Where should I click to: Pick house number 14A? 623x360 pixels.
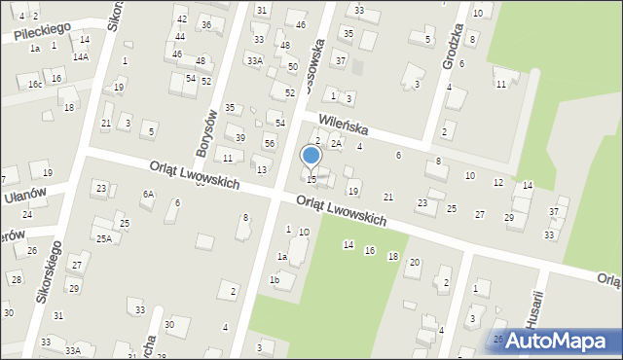coord(81,56)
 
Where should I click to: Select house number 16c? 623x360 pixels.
coord(35,85)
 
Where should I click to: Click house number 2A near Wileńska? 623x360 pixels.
coord(335,144)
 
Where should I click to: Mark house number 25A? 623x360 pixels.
coord(102,238)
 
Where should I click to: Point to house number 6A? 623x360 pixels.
coord(148,195)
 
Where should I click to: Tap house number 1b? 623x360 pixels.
coord(275,280)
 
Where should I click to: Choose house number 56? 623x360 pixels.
coord(270,144)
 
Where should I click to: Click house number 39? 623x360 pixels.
coord(239,137)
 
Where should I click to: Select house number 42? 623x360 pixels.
coord(181,19)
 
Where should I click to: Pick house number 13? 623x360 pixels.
coord(262,170)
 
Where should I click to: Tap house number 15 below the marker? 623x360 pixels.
coord(311,179)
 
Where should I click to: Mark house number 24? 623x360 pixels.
coord(27,215)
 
